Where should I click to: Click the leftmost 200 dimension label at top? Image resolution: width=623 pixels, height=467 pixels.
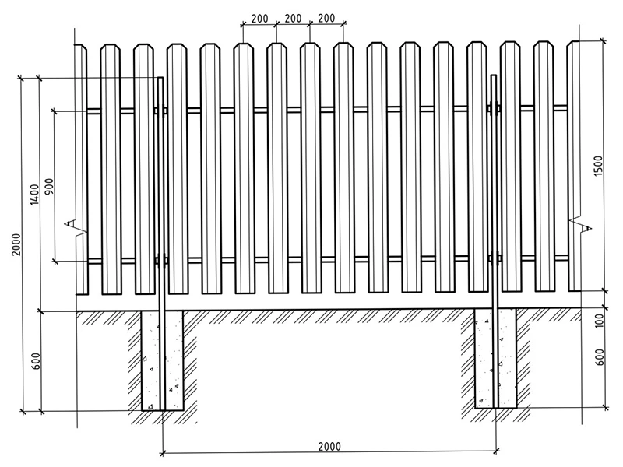259,19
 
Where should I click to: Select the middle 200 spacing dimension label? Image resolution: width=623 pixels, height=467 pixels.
293,18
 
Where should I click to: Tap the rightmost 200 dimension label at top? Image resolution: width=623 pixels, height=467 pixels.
326,18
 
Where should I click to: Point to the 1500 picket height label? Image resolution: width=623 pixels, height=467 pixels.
598,166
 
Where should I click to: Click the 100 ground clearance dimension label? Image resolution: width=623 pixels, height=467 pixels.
599,321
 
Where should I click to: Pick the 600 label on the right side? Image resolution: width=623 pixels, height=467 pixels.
600,357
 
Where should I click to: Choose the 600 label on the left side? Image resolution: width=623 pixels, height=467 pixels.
35,361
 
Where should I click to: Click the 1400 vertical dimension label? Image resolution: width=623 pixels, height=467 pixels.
34,195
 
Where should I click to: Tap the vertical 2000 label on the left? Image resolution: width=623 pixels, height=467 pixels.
15,244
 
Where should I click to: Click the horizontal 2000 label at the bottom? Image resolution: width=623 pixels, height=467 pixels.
329,446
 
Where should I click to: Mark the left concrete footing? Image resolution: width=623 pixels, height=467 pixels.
163,360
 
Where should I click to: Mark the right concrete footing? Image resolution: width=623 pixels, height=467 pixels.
495,358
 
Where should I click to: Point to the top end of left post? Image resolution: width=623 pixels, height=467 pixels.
161,77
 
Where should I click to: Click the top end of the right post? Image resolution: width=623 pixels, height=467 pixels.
494,75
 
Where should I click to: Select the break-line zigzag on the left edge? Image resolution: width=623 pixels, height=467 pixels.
76,228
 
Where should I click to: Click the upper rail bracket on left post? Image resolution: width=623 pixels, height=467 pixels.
161,111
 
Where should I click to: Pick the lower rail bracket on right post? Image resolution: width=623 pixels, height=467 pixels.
495,258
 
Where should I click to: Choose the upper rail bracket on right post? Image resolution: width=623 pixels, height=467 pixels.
494,108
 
